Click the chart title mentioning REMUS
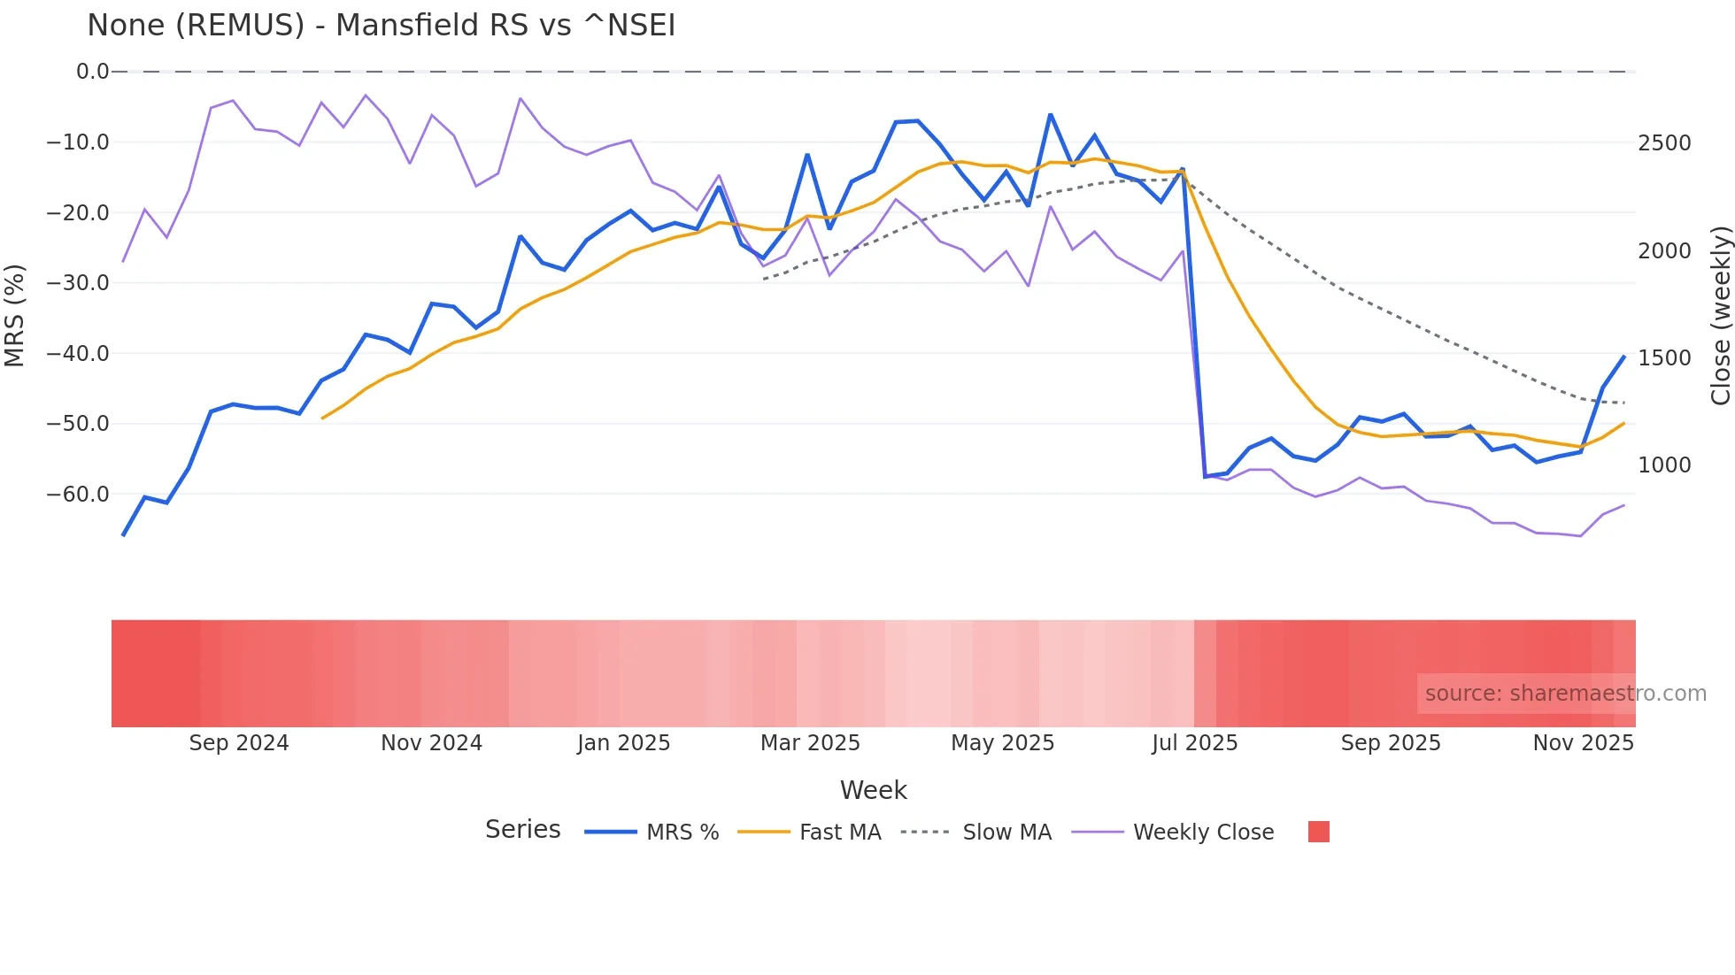pos(381,26)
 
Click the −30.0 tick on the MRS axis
pos(78,283)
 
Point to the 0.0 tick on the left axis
pos(92,72)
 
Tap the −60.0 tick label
pos(78,495)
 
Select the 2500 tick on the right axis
pos(1664,143)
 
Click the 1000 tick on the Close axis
pos(1664,465)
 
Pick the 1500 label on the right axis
pos(1664,358)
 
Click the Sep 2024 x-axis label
pos(239,743)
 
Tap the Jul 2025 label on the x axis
pos(1194,743)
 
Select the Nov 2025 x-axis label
pos(1583,743)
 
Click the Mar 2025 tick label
pos(810,743)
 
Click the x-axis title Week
pos(873,790)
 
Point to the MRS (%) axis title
pos(15,315)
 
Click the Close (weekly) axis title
pos(1720,316)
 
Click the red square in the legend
pos(1318,832)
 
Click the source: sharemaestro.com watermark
pos(1565,694)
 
